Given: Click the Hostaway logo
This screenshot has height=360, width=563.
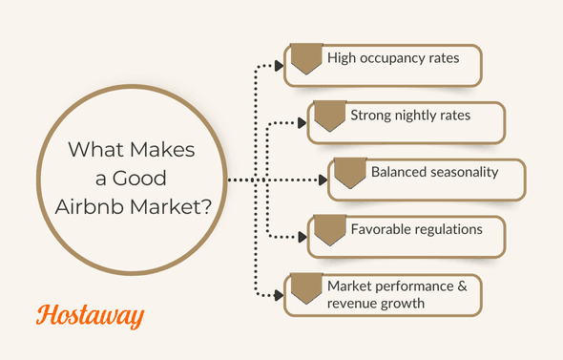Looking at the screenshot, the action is (x=90, y=315).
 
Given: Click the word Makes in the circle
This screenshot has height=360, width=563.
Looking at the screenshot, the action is (x=159, y=151).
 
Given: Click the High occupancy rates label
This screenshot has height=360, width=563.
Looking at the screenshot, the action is (x=393, y=58).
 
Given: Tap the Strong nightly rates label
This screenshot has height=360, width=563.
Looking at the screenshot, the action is (x=410, y=116).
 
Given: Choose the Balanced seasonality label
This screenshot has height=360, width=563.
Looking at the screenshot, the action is (x=434, y=173).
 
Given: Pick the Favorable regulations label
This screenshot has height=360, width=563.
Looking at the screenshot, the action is (x=416, y=229).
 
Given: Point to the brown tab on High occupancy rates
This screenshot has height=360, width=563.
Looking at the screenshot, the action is (x=305, y=59).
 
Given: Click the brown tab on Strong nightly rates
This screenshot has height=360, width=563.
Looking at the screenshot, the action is (x=329, y=116).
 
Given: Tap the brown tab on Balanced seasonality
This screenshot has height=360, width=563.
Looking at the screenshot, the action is (x=350, y=173).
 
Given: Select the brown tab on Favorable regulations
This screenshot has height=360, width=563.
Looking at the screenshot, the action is (x=329, y=230).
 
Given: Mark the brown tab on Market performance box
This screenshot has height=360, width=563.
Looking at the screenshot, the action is (x=305, y=288).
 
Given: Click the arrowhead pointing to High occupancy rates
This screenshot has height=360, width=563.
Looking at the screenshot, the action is (x=279, y=67).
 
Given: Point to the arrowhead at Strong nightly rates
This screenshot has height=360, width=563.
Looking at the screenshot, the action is (x=301, y=123).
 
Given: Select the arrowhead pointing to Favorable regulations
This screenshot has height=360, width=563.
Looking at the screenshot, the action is (x=301, y=237).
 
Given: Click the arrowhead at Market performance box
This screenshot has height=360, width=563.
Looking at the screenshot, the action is (x=279, y=295).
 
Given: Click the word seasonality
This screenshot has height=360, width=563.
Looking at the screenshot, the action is (x=465, y=173).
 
